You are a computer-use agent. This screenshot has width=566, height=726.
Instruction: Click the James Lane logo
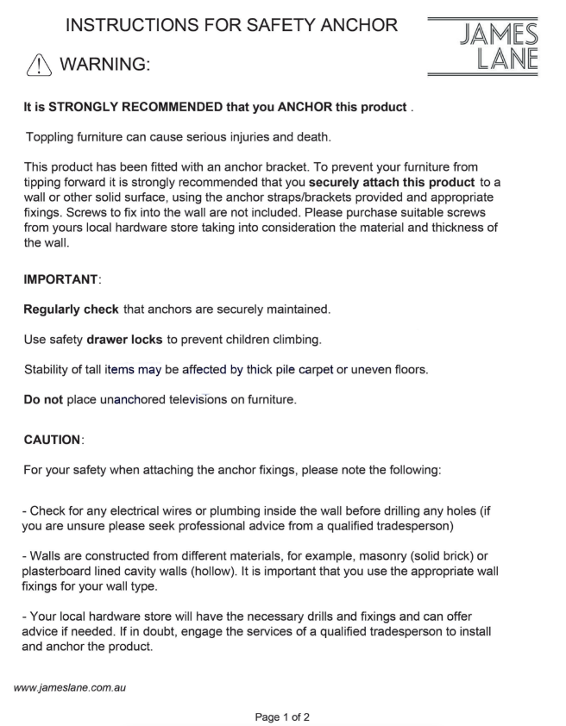coord(483,47)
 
